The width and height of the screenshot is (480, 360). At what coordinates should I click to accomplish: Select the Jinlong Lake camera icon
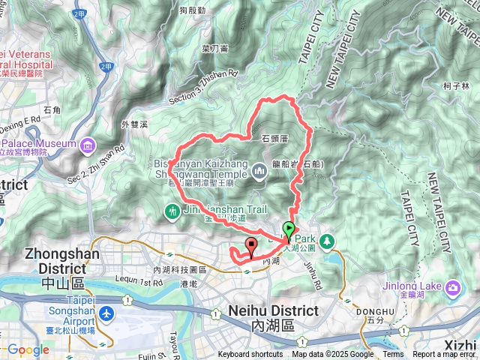point(454,287)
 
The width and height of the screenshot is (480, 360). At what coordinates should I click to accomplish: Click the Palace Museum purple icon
point(88,143)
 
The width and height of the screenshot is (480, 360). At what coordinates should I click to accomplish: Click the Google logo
point(28,349)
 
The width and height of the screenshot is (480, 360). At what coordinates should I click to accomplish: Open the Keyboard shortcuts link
point(250,355)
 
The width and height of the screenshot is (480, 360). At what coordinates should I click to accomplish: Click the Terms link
point(393,355)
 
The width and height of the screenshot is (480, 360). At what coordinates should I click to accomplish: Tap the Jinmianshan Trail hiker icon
point(174,212)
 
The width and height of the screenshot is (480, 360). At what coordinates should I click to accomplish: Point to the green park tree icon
point(328,241)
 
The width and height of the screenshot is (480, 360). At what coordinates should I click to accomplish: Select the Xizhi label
point(460,344)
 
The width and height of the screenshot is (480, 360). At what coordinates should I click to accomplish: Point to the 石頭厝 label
point(275,139)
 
